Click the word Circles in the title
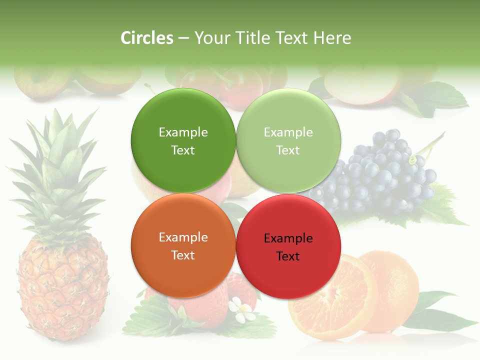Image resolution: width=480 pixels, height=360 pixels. [x=147, y=38]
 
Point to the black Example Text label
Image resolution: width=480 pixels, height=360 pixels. [x=288, y=247]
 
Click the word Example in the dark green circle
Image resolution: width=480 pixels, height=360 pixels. [x=183, y=132]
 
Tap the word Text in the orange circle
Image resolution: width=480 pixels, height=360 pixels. [x=183, y=255]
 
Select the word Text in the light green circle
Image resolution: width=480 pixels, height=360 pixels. [x=288, y=150]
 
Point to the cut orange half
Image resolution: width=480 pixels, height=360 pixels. [x=330, y=295]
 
